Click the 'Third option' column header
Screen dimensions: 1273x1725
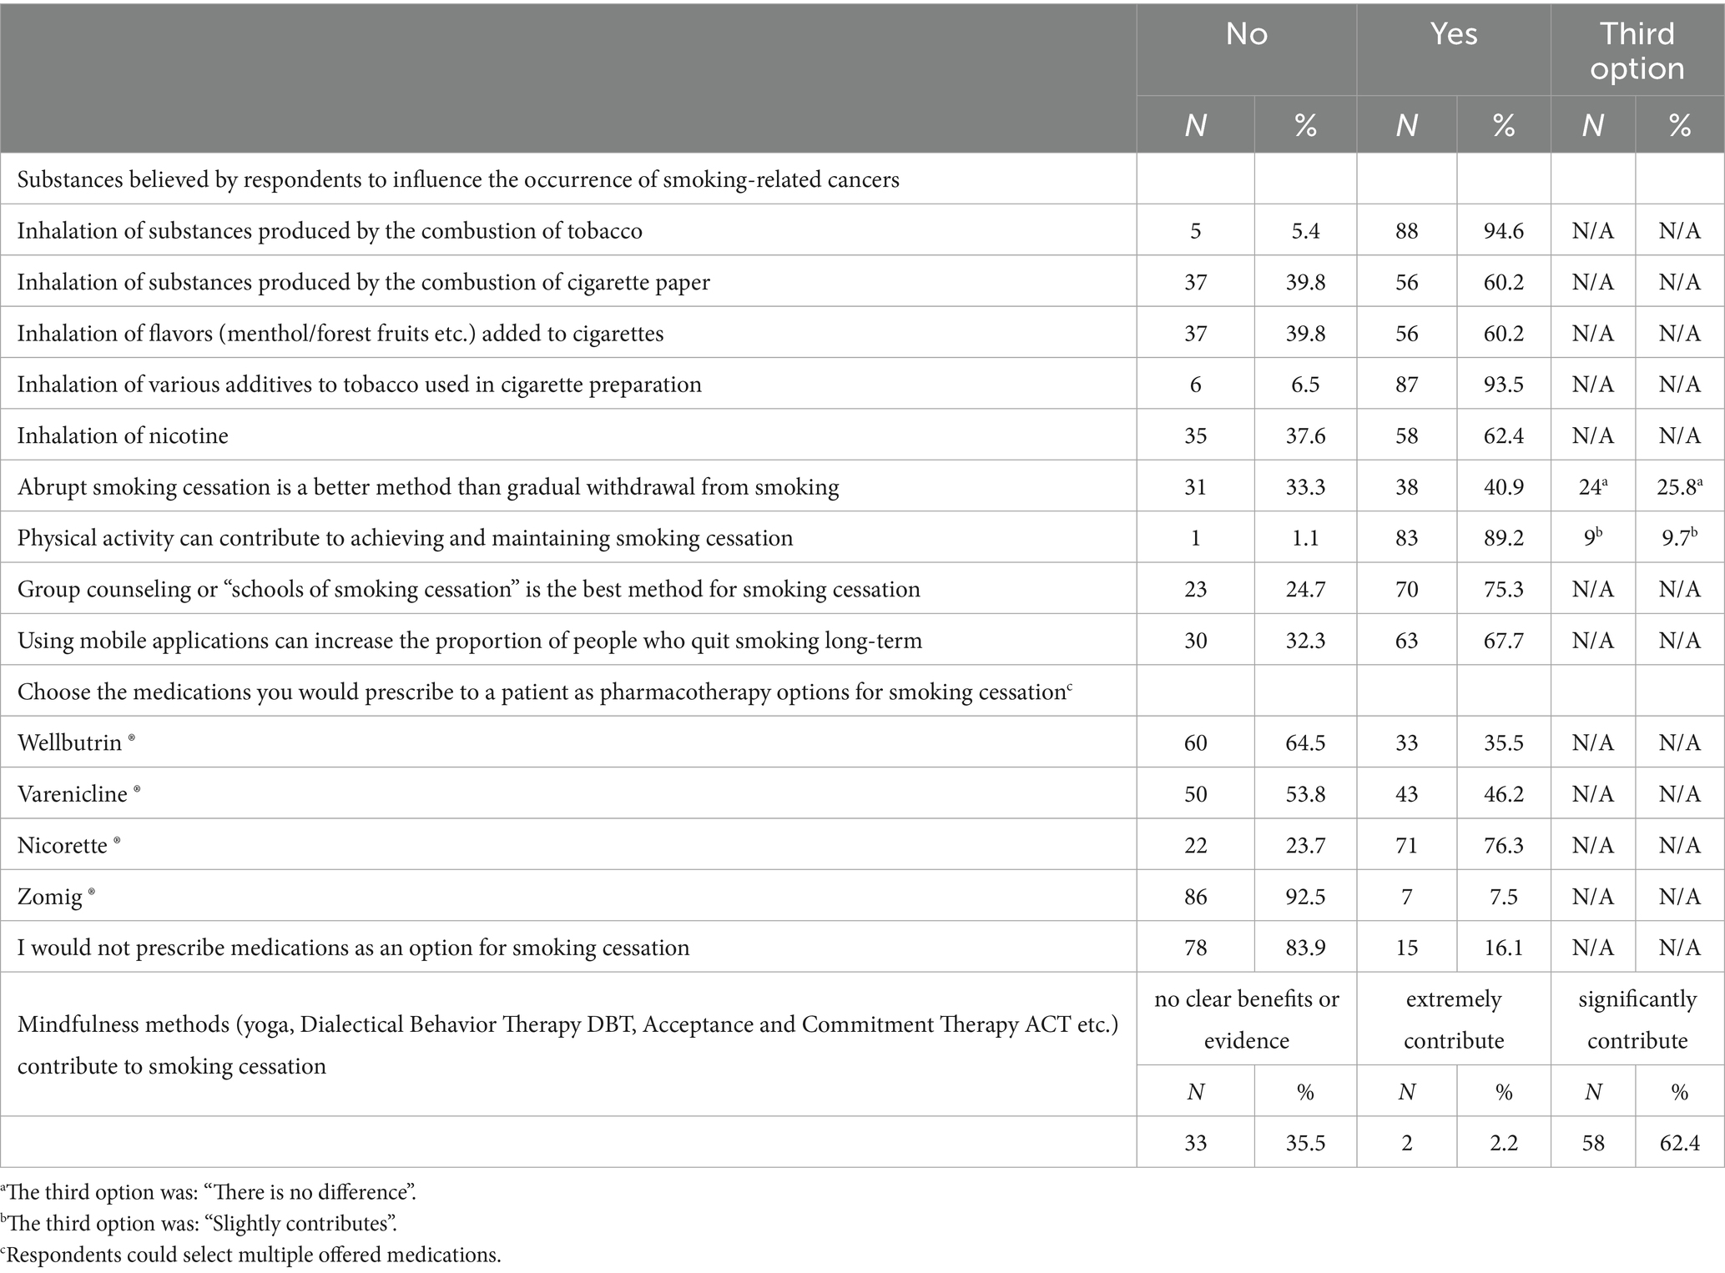coord(1637,51)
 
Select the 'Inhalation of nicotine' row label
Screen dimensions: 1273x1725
coord(123,435)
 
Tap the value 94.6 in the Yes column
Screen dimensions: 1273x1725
coord(1503,231)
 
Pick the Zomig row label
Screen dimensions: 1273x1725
coord(50,897)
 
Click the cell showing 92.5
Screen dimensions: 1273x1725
coord(1305,897)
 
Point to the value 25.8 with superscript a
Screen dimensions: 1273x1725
coord(1679,486)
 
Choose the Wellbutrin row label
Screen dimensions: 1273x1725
coord(70,742)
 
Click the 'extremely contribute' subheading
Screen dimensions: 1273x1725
coord(1453,1019)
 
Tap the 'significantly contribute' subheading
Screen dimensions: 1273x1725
coord(1637,1019)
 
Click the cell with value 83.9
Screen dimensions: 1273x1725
coord(1305,948)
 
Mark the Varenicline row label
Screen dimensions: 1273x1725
coord(73,794)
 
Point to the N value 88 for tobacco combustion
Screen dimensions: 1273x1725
coord(1406,231)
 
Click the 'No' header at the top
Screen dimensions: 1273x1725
coord(1246,34)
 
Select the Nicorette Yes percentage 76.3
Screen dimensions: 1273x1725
coord(1503,845)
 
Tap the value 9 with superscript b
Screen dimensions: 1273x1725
coord(1592,538)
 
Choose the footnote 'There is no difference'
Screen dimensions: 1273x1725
coord(209,1192)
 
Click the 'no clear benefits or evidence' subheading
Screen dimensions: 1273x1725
coord(1246,1019)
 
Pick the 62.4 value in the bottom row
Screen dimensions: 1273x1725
coord(1679,1142)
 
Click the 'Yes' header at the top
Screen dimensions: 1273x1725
coord(1453,34)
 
